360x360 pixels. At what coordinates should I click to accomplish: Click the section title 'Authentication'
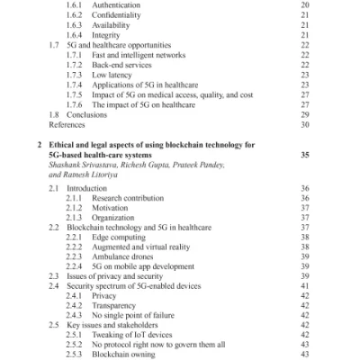116,4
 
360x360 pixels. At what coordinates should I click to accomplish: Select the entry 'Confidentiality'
118,15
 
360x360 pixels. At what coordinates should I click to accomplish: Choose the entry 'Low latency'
112,76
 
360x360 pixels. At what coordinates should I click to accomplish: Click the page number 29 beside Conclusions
304,115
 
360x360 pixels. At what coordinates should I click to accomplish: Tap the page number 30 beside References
304,126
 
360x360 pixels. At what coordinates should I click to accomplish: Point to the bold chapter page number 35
304,155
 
